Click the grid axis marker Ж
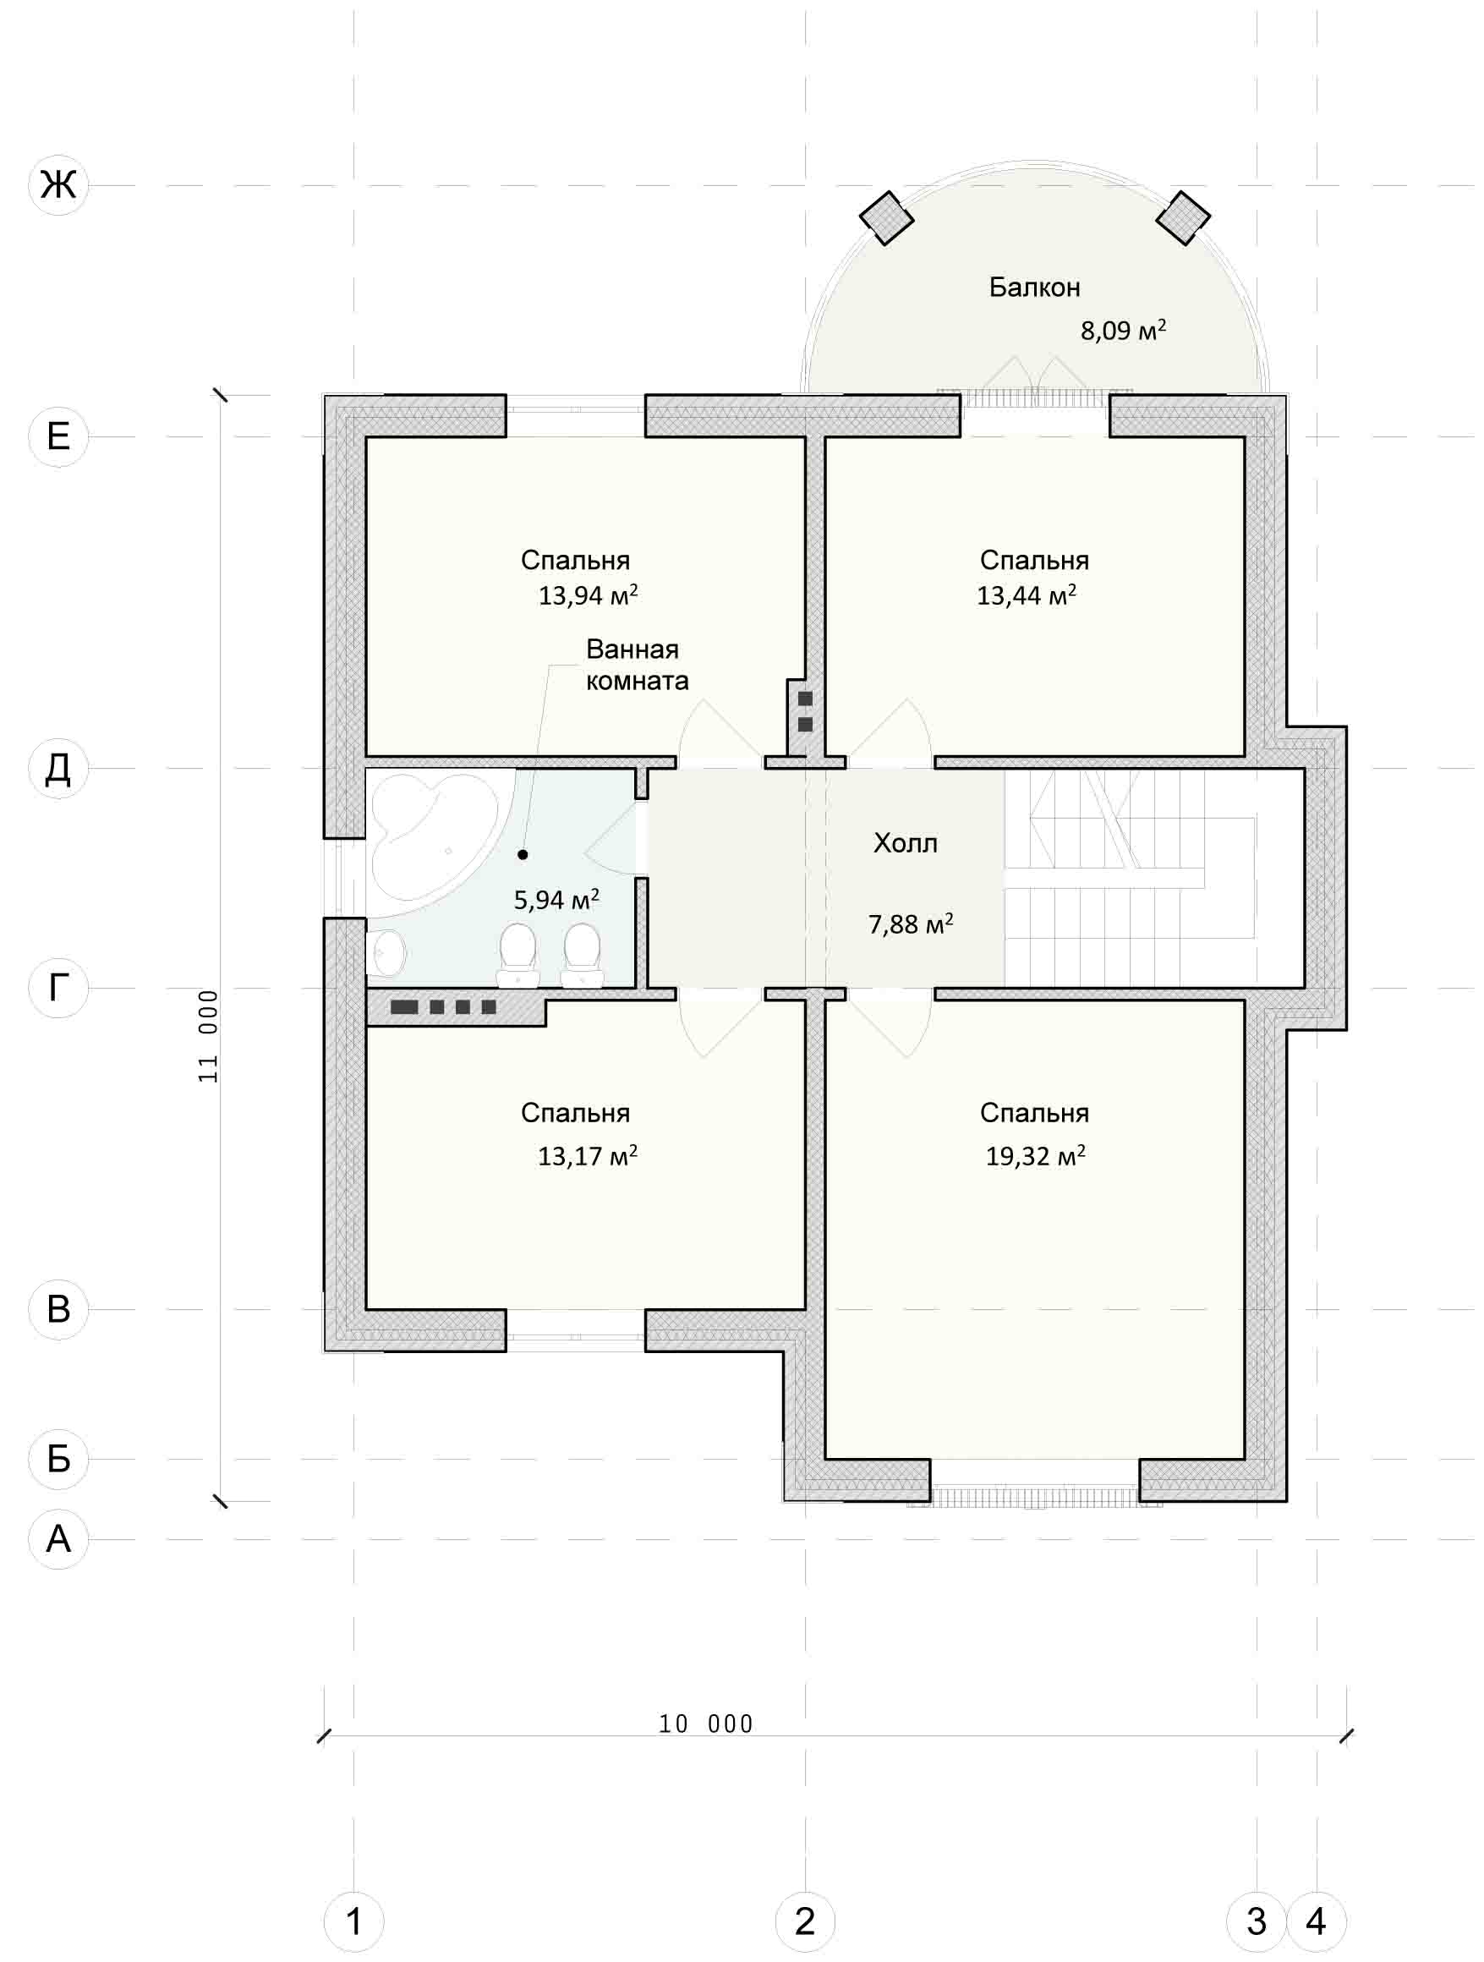point(58,185)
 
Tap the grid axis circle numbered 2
point(804,1921)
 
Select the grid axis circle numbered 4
point(1317,1921)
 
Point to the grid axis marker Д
point(58,768)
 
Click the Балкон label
point(1034,288)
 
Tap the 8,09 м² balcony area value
point(1123,330)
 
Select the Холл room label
point(905,842)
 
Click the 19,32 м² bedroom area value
point(1035,1156)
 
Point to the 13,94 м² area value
point(588,595)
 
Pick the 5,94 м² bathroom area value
point(556,900)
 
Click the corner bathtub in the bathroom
point(430,842)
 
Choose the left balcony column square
point(886,217)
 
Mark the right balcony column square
point(1182,217)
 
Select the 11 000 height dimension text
point(207,1036)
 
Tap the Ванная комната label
point(637,665)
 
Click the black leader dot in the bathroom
point(523,854)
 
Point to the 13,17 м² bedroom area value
point(587,1156)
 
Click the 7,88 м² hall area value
point(910,924)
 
